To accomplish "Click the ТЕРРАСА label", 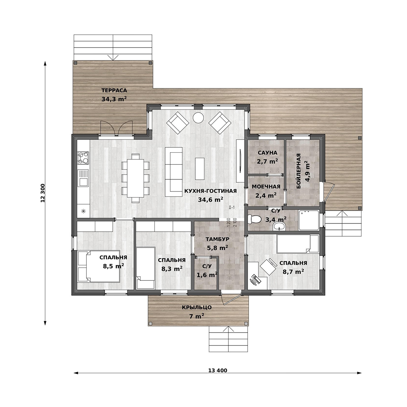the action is [114, 90].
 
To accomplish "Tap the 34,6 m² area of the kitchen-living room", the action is [211, 200].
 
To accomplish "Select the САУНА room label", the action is [268, 153].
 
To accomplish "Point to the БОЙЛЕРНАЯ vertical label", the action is [298, 171].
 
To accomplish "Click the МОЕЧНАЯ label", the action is [266, 187].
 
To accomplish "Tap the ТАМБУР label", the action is [217, 239].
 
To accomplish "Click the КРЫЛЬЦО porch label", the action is [197, 308].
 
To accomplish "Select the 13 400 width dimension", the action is [217, 370].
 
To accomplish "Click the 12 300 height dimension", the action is [43, 193].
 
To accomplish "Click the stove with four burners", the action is [83, 158].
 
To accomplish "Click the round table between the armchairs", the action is [198, 118].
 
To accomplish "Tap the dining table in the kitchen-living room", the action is [136, 178].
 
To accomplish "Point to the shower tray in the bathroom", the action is [309, 220].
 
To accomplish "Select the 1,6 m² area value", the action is [207, 275].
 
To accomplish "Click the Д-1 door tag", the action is [232, 207].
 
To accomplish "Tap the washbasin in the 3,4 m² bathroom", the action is [279, 226].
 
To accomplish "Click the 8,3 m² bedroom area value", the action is [172, 269].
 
